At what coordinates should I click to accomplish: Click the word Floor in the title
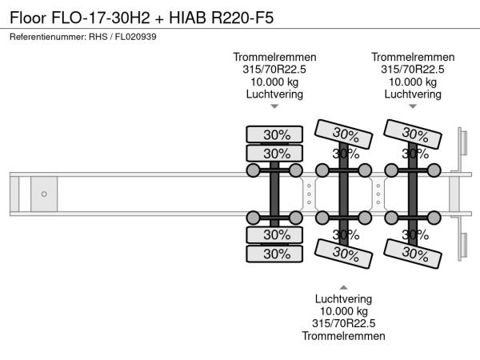coord(29,18)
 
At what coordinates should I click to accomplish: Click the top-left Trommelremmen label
coord(274,57)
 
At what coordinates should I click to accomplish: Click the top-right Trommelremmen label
coord(413,57)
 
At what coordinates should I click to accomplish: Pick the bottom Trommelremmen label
coord(343,336)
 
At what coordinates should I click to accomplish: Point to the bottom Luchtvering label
coord(343,298)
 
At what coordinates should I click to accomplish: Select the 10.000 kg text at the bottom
coord(343,310)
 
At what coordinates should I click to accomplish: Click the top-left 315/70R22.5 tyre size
coord(274,70)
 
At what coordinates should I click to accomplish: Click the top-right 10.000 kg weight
coord(413,82)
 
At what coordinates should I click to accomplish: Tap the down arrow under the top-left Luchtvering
coord(274,106)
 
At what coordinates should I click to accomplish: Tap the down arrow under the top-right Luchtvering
coord(413,106)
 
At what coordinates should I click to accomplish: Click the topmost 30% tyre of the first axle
coord(275,134)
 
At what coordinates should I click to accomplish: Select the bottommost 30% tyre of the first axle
coord(275,254)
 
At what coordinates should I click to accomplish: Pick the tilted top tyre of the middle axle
coord(345,134)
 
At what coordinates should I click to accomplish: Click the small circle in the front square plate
coord(44,194)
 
